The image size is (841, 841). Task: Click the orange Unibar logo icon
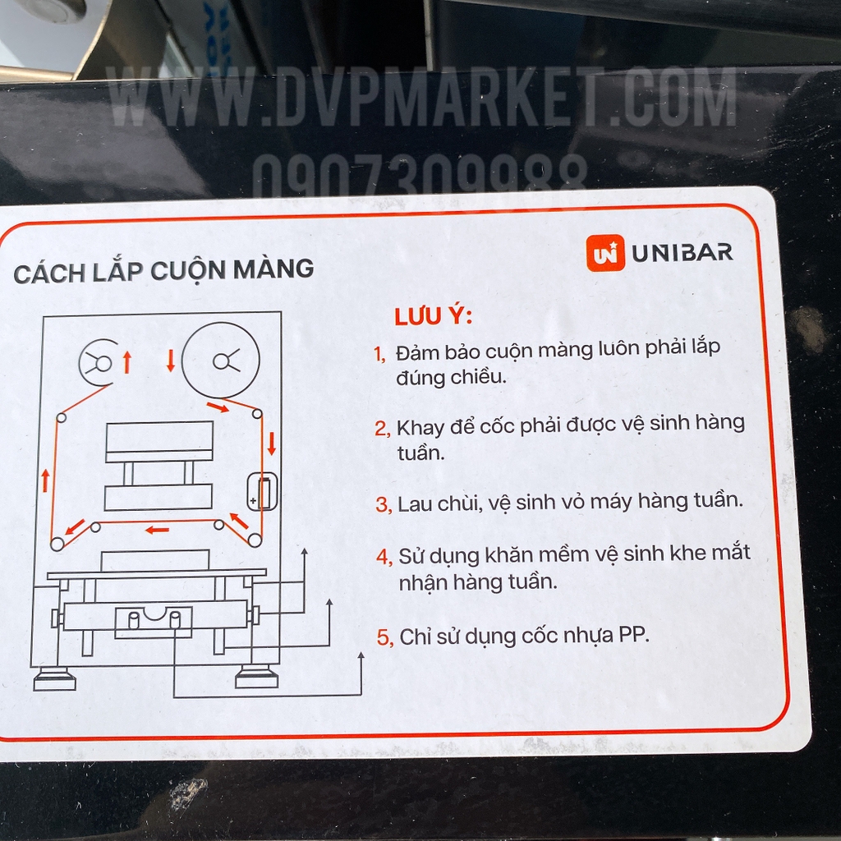point(605,253)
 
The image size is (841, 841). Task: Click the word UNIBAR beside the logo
point(682,253)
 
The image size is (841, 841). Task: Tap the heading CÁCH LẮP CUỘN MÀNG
point(163,271)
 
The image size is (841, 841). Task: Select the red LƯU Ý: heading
point(434,315)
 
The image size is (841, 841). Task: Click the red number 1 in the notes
point(379,353)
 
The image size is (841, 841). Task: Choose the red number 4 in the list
point(384,557)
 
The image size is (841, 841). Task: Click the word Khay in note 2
point(421,427)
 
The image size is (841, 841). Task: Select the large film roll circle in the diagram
point(220,361)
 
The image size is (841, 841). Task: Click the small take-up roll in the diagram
point(99,363)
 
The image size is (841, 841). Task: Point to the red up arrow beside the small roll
point(127,362)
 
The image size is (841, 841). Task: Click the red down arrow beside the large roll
point(171,361)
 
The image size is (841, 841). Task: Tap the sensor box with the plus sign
point(262,491)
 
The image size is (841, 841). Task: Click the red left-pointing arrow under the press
point(157,530)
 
